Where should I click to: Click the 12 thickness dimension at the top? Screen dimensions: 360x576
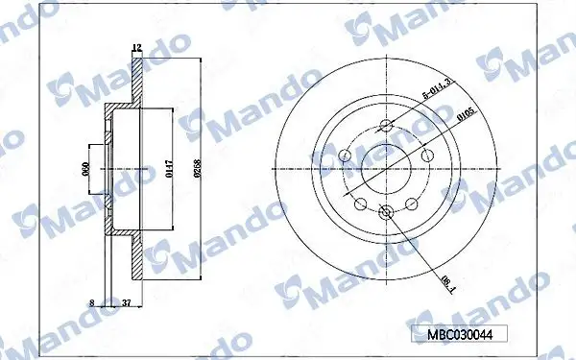(136, 47)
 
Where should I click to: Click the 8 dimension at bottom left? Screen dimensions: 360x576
(92, 302)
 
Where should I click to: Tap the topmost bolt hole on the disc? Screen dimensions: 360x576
(386, 126)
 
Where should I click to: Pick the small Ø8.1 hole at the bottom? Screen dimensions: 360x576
(386, 213)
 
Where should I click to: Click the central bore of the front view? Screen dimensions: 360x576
(386, 169)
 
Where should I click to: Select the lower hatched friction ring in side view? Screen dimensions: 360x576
(137, 261)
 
